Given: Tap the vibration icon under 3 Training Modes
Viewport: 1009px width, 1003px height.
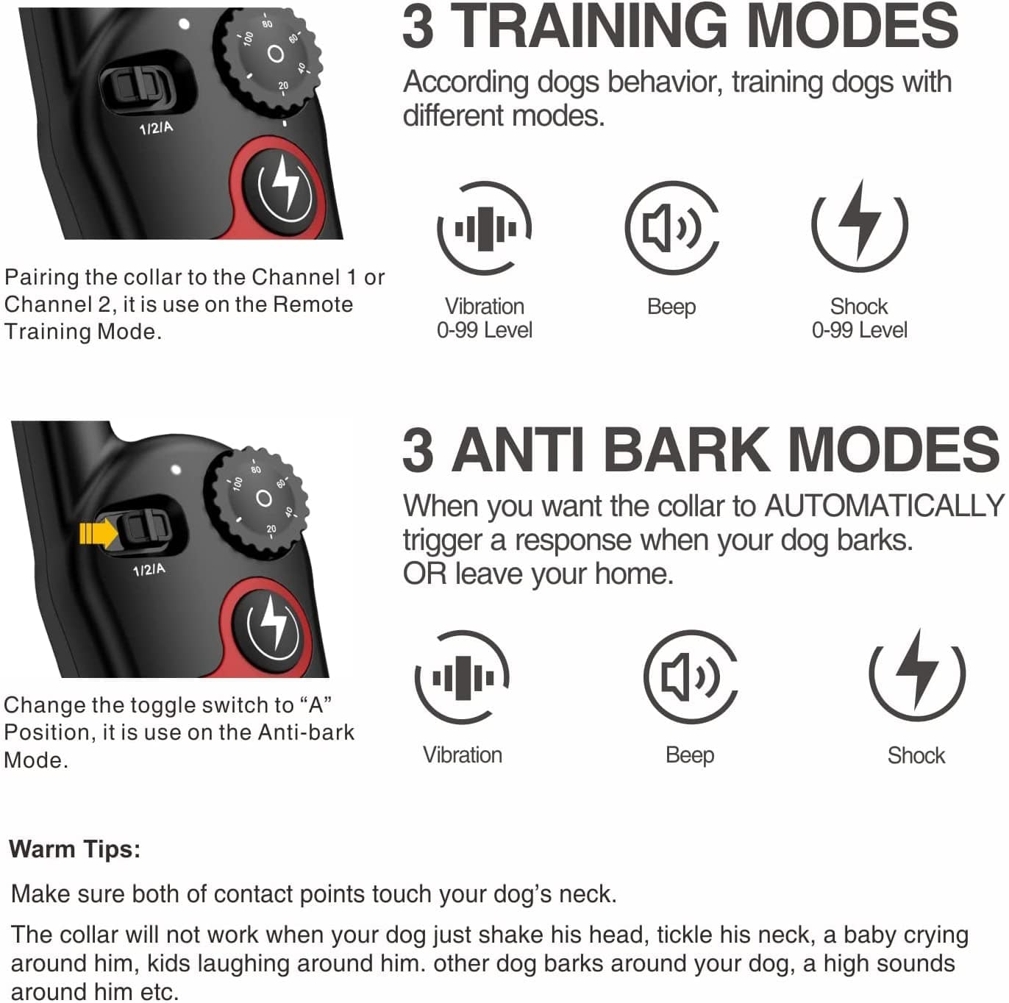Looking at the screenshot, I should (485, 228).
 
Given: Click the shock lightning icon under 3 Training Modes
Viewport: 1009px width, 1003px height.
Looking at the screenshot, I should (860, 225).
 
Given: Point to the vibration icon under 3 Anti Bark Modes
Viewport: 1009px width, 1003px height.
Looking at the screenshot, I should (463, 677).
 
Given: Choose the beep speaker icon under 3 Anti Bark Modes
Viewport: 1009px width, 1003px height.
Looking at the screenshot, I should (690, 677).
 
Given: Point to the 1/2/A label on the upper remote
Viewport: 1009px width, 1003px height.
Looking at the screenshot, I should (156, 129).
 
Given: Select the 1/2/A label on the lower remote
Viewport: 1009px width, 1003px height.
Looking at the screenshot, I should (149, 570).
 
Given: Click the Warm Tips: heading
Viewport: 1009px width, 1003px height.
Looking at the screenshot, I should (75, 849).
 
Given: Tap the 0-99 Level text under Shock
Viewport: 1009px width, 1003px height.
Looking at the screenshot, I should (859, 330).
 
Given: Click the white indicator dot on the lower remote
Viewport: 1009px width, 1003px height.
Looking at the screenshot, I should (176, 468).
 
